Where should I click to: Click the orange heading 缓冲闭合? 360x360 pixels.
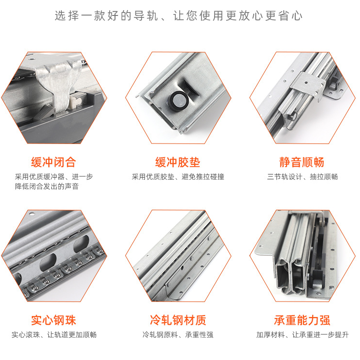click(54, 162)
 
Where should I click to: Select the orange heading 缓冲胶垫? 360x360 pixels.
click(178, 162)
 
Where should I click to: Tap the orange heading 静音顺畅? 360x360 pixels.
click(302, 162)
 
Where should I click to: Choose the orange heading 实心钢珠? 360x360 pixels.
click(54, 320)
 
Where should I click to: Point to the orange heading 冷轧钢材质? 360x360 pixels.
click(178, 320)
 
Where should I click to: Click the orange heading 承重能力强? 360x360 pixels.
click(302, 320)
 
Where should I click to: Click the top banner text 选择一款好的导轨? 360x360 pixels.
click(106, 16)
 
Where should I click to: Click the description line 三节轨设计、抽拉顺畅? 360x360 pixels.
click(302, 177)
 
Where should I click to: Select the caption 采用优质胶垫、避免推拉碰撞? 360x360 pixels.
click(178, 177)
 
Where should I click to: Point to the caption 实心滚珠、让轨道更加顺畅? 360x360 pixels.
click(54, 335)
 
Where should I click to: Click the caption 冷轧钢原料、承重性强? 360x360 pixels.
click(178, 335)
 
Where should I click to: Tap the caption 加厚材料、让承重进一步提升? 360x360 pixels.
click(302, 335)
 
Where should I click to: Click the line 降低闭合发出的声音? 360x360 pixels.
click(47, 186)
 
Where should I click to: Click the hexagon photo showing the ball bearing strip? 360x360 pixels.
click(54, 256)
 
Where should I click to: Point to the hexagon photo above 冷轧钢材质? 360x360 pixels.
click(178, 256)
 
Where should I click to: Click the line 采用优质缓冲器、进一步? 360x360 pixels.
click(54, 177)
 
